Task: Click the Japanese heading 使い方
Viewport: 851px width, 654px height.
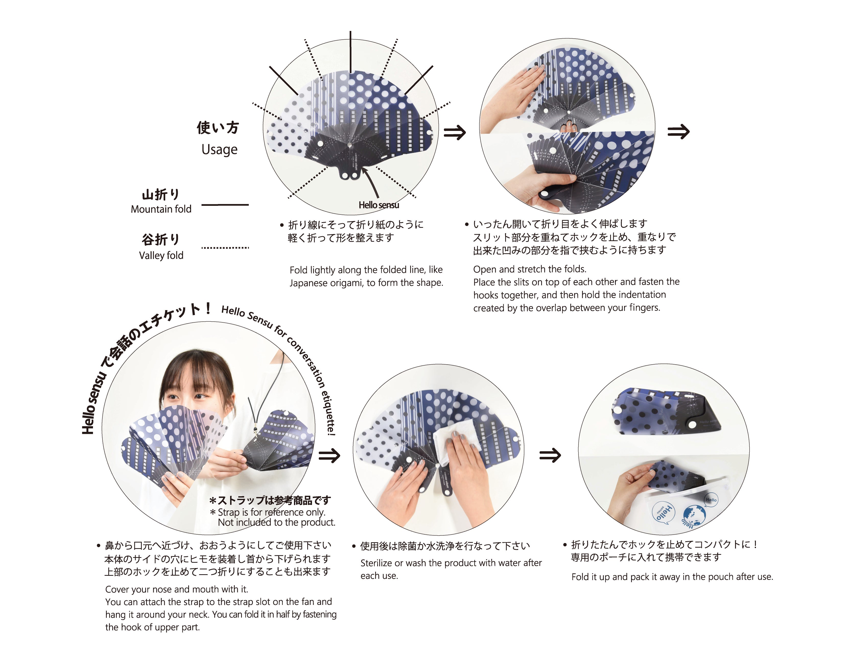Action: (218, 128)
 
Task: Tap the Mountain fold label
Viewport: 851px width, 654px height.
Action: (161, 209)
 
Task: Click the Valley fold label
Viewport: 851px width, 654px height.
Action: (161, 255)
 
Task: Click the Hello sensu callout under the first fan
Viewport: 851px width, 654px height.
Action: (379, 205)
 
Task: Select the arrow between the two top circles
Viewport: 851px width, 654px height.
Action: (455, 132)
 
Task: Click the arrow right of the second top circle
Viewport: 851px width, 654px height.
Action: (678, 132)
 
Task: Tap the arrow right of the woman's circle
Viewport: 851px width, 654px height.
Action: (329, 455)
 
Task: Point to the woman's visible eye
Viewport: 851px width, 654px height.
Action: (200, 396)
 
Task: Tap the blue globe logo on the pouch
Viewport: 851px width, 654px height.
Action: (693, 517)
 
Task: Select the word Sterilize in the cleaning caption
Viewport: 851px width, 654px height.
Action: (376, 563)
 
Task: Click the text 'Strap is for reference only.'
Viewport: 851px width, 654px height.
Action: (271, 512)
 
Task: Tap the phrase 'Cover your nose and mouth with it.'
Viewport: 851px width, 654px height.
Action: (176, 589)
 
